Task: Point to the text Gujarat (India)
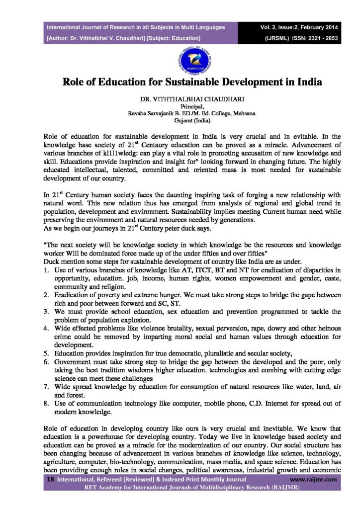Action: click(x=180, y=120)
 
